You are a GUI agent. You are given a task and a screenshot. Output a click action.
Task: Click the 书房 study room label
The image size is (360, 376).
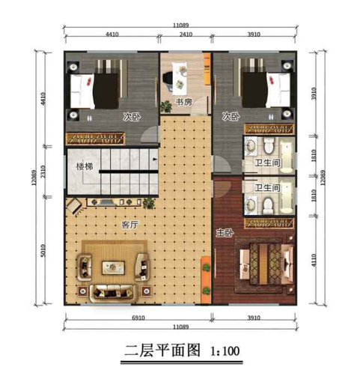tap(181, 102)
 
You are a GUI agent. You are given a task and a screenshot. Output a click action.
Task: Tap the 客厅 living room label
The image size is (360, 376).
tap(130, 224)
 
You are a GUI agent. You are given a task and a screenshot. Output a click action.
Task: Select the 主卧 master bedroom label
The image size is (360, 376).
tap(222, 232)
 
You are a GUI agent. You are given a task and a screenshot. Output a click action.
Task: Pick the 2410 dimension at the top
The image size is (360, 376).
tap(186, 34)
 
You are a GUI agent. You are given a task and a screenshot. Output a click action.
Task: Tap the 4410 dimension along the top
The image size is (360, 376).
tap(112, 34)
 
